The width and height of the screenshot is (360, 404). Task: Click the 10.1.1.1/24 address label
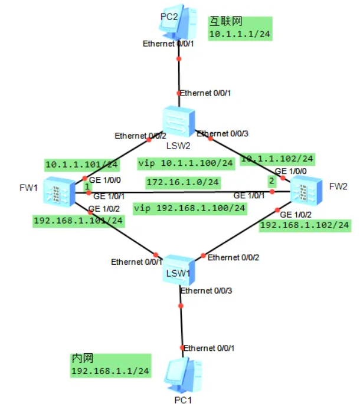(x=241, y=35)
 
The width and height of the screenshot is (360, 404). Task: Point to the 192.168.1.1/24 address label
(x=109, y=371)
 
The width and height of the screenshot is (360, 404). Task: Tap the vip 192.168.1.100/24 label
(x=189, y=208)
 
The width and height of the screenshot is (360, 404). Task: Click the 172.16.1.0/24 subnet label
(x=182, y=183)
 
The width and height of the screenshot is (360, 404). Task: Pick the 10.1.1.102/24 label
(x=277, y=158)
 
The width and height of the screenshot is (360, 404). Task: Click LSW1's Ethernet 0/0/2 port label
(x=233, y=258)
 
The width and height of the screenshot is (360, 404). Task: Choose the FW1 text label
(x=27, y=189)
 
